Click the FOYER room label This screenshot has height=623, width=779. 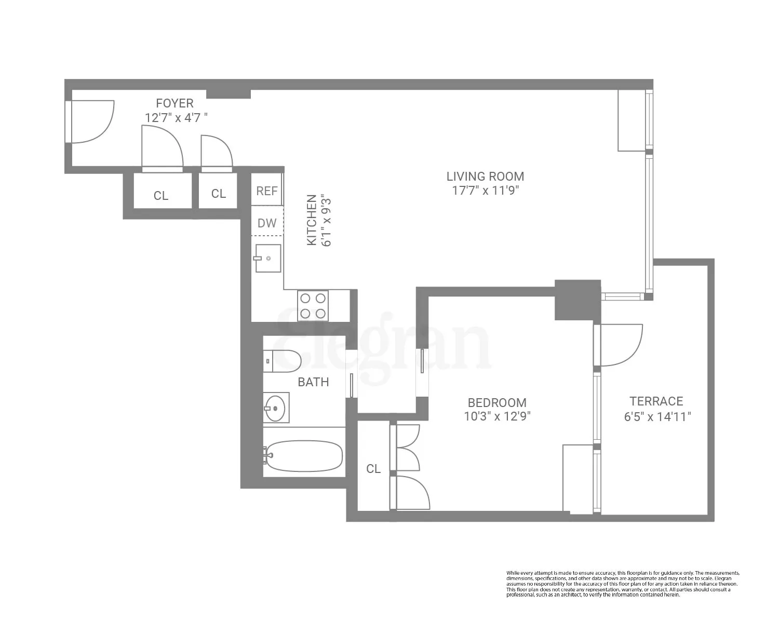(x=174, y=103)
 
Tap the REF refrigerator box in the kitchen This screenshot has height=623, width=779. (x=267, y=191)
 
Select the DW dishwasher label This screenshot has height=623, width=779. (x=267, y=223)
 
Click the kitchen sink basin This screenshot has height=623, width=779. (x=268, y=258)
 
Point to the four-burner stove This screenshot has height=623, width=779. (x=313, y=306)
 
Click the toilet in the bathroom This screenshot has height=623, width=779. (x=283, y=361)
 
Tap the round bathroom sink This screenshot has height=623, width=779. (x=275, y=408)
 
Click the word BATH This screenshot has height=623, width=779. (x=313, y=382)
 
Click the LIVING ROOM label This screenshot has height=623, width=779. (x=485, y=177)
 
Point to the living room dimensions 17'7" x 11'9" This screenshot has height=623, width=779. (x=485, y=191)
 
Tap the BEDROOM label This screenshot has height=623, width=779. (x=496, y=402)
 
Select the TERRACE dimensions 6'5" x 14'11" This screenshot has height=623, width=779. (x=657, y=416)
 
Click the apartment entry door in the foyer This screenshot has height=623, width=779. (x=91, y=121)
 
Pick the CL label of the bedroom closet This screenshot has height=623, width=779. (x=373, y=469)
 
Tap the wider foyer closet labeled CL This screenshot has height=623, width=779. (x=161, y=196)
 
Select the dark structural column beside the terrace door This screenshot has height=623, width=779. (x=577, y=300)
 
